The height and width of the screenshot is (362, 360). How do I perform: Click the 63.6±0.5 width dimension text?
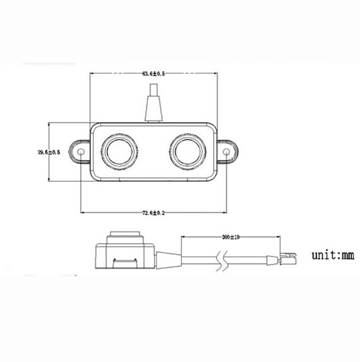(x=153, y=74)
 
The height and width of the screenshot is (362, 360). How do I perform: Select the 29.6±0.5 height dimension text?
(x=49, y=153)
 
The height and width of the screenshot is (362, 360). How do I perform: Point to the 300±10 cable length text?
(x=231, y=237)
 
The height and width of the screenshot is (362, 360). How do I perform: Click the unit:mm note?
(x=333, y=255)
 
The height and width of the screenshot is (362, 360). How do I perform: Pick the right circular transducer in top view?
(x=188, y=152)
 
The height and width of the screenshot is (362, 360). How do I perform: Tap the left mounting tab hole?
(x=81, y=152)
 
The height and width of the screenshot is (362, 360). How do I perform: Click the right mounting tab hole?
(x=226, y=152)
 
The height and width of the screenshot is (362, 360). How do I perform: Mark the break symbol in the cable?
(x=222, y=260)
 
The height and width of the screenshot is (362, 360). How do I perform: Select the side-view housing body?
(x=125, y=256)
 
